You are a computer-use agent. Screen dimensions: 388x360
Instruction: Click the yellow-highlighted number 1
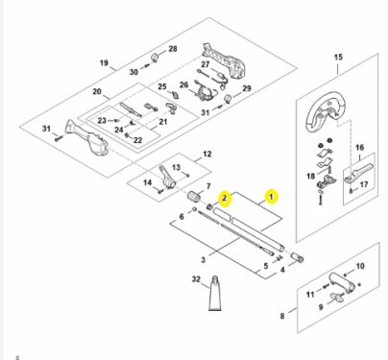pyautogui.click(x=271, y=197)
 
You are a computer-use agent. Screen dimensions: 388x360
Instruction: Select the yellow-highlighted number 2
pyautogui.click(x=225, y=199)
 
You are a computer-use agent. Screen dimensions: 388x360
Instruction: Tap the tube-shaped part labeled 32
pyautogui.click(x=215, y=293)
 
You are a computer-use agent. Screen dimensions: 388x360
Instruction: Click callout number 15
pyautogui.click(x=338, y=58)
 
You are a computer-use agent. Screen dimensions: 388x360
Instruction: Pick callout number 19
pyautogui.click(x=104, y=62)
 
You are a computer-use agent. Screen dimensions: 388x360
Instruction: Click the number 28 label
pyautogui.click(x=173, y=49)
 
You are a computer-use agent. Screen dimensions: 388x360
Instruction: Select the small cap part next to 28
pyautogui.click(x=156, y=57)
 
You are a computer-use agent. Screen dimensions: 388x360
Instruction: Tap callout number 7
pyautogui.click(x=208, y=186)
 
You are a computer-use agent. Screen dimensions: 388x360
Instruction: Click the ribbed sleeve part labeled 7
pyautogui.click(x=194, y=196)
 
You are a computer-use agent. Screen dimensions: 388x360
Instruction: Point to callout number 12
pyautogui.click(x=207, y=154)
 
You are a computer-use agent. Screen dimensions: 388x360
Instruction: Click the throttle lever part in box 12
pyautogui.click(x=167, y=178)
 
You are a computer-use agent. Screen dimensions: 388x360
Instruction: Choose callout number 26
pyautogui.click(x=183, y=84)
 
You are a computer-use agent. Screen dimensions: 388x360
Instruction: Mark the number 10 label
pyautogui.click(x=360, y=266)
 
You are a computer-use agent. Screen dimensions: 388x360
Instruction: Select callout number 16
pyautogui.click(x=359, y=148)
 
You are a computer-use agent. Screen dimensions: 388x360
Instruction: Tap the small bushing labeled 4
pyautogui.click(x=297, y=257)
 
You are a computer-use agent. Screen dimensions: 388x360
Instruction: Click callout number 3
pyautogui.click(x=204, y=260)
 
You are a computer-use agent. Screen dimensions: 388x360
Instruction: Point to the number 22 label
pyautogui.click(x=137, y=140)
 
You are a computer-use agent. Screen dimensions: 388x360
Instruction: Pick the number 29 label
pyautogui.click(x=246, y=88)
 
